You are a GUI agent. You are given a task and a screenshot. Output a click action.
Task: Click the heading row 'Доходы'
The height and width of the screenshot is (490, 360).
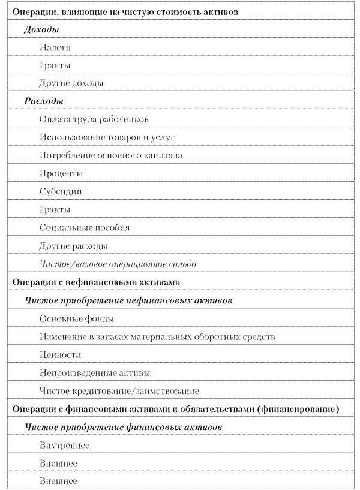pos(41,29)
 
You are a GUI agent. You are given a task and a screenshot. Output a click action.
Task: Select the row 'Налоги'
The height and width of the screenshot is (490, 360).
pos(55,47)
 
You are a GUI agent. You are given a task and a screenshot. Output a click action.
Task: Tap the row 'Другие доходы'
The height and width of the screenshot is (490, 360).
pos(71,83)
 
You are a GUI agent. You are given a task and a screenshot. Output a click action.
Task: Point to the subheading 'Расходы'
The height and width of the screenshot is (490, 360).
pos(44,101)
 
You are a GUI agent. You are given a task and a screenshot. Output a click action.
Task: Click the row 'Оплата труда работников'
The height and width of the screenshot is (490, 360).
pos(94,119)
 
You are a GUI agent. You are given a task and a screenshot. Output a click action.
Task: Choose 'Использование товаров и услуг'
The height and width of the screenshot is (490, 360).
pos(107,137)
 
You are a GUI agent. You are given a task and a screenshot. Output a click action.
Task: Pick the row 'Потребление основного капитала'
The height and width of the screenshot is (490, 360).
pos(110,155)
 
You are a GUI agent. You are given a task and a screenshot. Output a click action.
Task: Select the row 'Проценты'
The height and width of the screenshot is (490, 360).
pos(61,173)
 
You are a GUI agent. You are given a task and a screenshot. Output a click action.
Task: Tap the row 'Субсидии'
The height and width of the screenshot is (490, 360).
pos(61,191)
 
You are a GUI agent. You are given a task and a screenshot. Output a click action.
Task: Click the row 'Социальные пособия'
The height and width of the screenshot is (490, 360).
pos(85,227)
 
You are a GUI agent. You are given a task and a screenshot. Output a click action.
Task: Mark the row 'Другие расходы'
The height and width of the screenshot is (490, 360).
pos(73,246)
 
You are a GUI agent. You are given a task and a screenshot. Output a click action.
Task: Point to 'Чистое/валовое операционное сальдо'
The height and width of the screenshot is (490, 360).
pos(118,264)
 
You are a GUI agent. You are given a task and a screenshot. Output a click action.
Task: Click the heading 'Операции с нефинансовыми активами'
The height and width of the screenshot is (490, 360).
pos(96,282)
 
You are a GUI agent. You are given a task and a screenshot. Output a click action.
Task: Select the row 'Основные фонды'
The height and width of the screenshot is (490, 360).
pos(77,318)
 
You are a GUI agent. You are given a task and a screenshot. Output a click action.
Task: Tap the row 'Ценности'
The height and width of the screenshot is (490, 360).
pos(60,355)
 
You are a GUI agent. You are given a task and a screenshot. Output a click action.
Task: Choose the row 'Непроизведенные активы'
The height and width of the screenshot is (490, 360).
pos(95,373)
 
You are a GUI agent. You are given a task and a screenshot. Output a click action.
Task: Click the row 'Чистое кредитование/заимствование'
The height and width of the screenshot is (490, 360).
pos(119,391)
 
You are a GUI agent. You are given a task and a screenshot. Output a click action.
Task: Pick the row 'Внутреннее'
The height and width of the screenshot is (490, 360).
pos(64,445)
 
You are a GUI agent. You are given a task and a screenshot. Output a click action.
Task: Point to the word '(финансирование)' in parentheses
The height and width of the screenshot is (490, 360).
pos(298,409)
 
